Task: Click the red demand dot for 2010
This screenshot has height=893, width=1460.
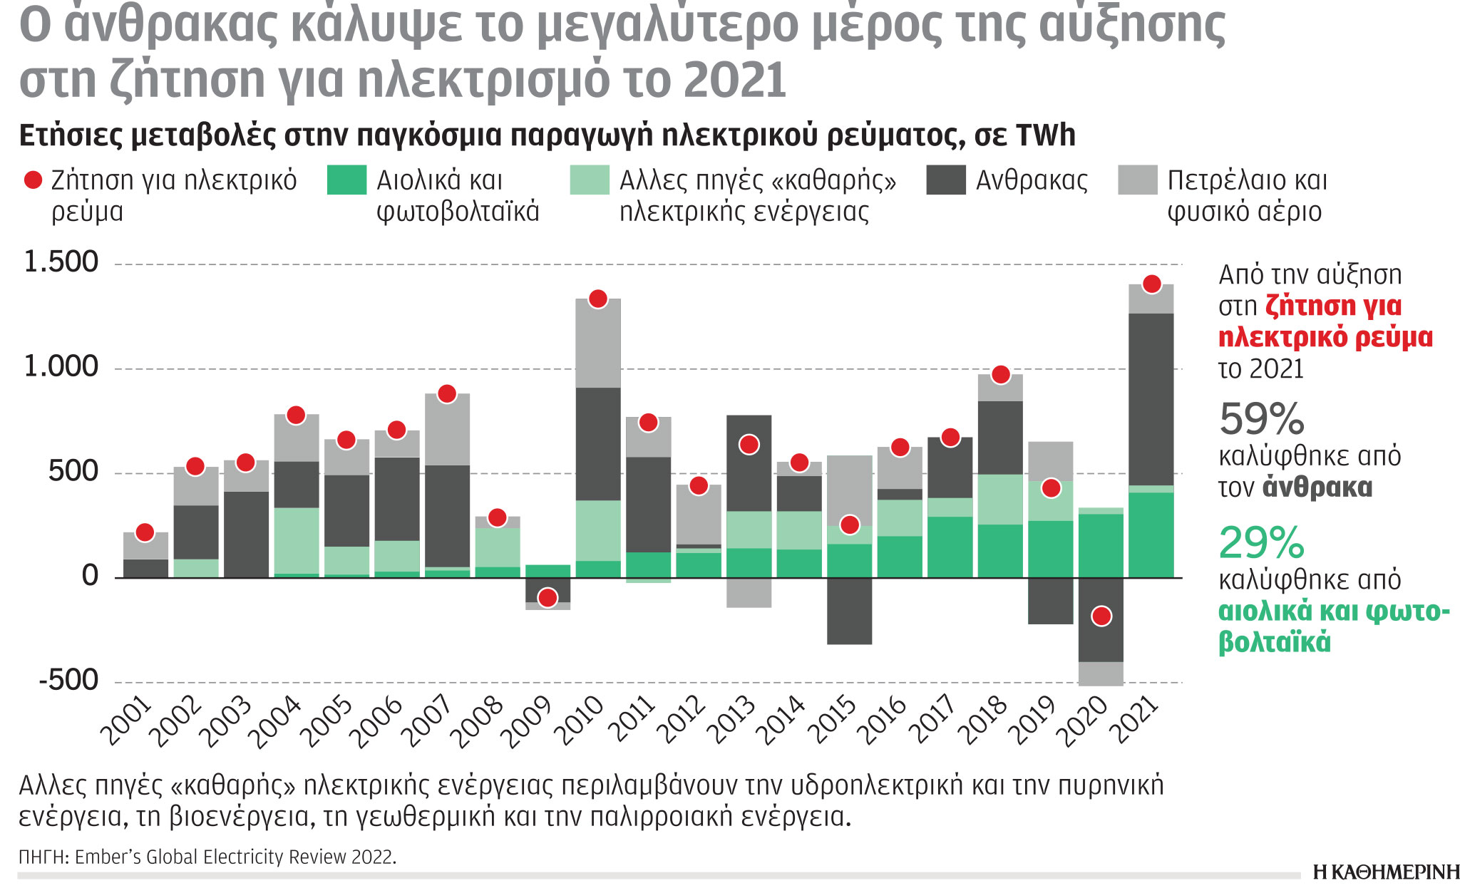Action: click(x=598, y=299)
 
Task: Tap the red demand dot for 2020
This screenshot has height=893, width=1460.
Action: click(x=1101, y=616)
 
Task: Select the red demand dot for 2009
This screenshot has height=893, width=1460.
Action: click(x=547, y=597)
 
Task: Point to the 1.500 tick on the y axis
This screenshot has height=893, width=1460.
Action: click(x=61, y=262)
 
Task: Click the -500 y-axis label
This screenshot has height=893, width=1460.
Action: click(x=68, y=680)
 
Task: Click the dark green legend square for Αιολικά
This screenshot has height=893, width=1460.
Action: click(x=346, y=180)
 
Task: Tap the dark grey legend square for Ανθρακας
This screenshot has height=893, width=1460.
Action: click(x=945, y=180)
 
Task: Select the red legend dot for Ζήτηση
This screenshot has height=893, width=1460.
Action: click(x=33, y=180)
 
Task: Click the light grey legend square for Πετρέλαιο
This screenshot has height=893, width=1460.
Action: click(x=1137, y=180)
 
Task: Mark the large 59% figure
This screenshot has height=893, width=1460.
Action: click(x=1261, y=419)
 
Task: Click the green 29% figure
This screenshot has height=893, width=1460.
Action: click(x=1261, y=543)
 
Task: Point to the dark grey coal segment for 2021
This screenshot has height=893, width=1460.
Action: click(x=1151, y=399)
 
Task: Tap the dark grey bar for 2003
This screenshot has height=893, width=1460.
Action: click(x=246, y=535)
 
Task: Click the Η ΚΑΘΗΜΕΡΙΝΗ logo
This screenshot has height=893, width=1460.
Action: click(x=1385, y=872)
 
